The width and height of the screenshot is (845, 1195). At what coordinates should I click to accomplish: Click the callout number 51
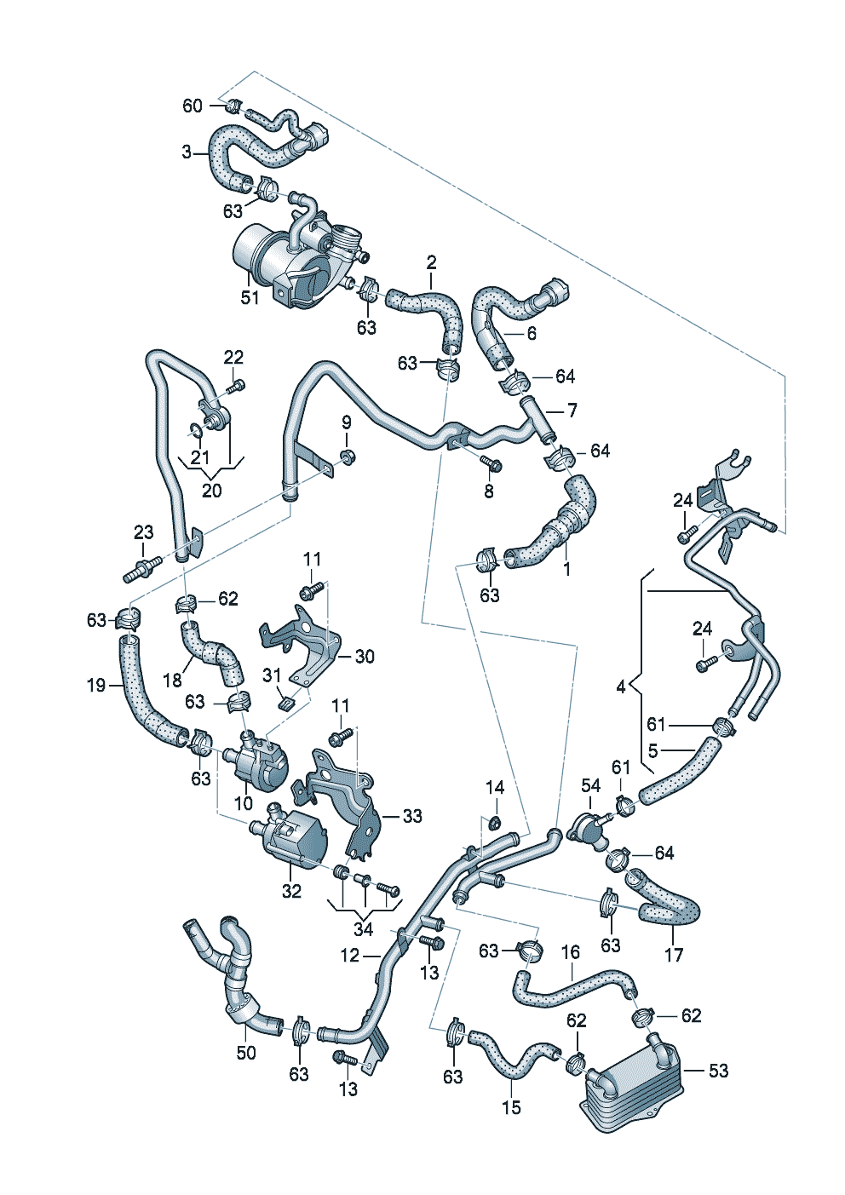coord(250,298)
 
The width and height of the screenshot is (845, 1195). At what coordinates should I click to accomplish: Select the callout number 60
coord(193,106)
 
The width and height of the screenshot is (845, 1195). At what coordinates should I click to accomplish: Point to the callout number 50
coord(245,1053)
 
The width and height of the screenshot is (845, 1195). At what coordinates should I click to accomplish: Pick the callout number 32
coord(291,891)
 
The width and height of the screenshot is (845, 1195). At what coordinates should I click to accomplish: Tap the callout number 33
coord(412,816)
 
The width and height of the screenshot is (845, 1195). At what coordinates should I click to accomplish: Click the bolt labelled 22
coord(236,387)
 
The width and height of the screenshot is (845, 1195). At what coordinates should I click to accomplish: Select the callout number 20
coord(211,491)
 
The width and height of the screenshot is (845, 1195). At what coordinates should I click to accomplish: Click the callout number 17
coord(673,955)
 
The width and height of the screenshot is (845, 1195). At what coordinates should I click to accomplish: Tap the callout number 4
coord(621,686)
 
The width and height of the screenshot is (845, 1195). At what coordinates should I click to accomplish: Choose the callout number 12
coord(349,956)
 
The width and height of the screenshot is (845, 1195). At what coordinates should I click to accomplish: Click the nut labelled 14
coord(493,822)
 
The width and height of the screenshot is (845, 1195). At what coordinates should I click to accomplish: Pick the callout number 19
coord(95,684)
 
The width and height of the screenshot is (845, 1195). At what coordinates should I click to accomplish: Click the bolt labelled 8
coord(491,465)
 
